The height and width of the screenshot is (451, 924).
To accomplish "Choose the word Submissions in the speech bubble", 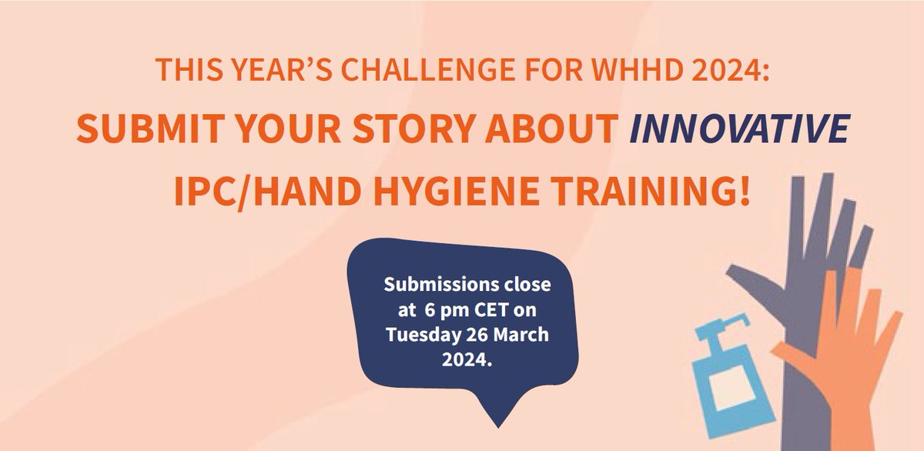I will [x=435, y=285].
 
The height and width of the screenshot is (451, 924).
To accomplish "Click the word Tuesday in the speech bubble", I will [x=420, y=337].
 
